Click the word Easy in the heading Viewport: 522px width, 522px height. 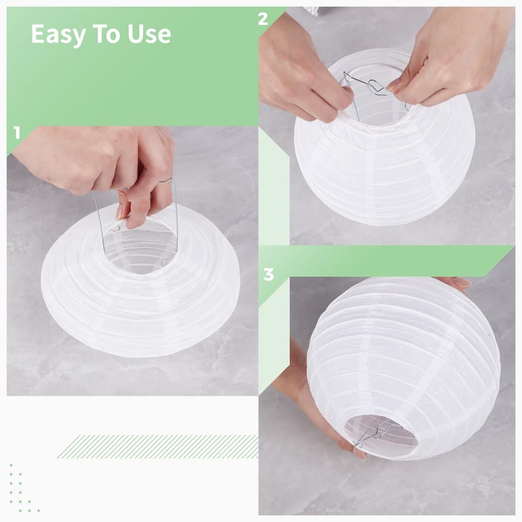[x=58, y=35]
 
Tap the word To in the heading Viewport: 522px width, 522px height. [x=106, y=34]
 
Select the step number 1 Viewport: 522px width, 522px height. [x=17, y=133]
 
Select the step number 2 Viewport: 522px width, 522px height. [x=263, y=19]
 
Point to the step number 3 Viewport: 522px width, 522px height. [x=268, y=274]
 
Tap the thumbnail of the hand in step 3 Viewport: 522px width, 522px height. [x=359, y=453]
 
